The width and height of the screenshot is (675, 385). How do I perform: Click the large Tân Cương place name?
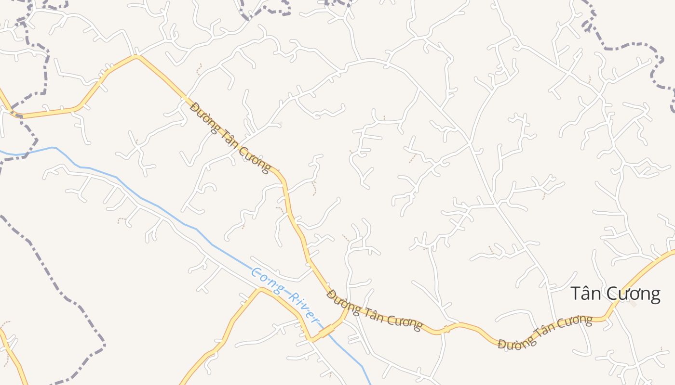coord(615,294)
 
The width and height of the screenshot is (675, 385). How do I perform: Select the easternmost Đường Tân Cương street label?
coord(545,332)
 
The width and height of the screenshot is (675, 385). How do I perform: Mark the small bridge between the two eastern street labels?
coord(447,329)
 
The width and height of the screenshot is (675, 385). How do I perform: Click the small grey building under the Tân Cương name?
coord(633,304)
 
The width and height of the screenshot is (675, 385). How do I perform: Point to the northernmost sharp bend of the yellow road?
coord(136,56)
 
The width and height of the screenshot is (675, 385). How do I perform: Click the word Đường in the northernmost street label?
coord(203,114)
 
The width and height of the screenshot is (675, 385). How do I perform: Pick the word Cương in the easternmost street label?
coord(573,322)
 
